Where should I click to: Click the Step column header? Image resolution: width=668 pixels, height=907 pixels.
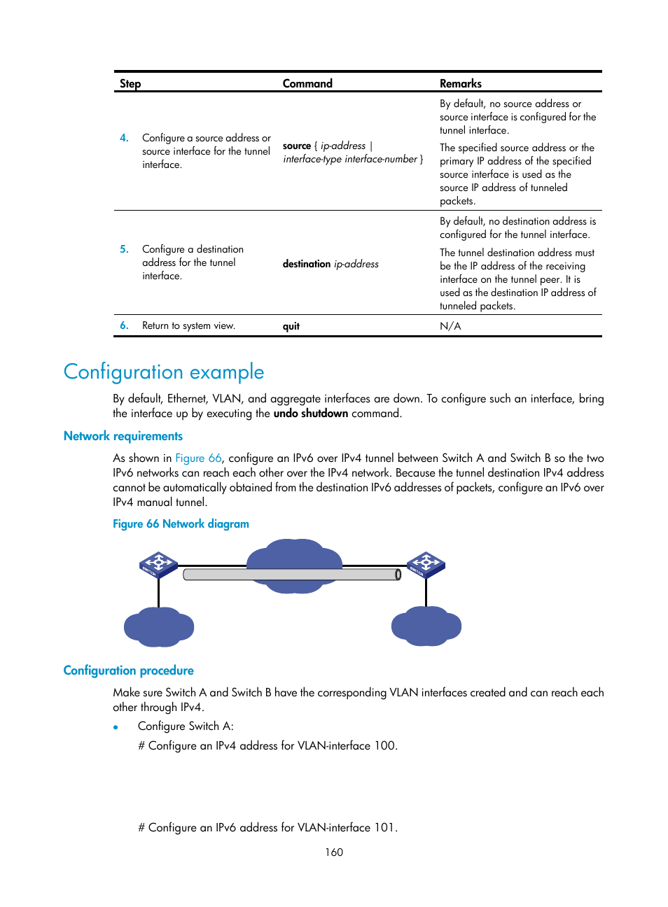click(x=130, y=84)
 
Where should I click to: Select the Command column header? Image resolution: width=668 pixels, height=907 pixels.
click(x=307, y=84)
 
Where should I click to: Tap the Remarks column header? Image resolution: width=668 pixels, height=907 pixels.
click(x=460, y=84)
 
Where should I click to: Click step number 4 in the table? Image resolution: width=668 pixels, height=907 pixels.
click(x=124, y=138)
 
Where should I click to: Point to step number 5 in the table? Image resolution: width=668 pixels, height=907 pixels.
click(x=124, y=249)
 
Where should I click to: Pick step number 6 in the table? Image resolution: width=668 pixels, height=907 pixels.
click(x=124, y=325)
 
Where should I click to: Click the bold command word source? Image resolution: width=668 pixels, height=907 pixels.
click(x=297, y=146)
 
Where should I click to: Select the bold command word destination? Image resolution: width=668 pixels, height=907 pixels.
click(x=307, y=264)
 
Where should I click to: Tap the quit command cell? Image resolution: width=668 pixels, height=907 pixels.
click(x=291, y=326)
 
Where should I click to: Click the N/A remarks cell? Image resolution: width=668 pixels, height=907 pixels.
click(x=450, y=326)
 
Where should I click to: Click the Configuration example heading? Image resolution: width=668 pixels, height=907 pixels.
click(x=164, y=372)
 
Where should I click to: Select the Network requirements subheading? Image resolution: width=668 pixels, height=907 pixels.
click(x=123, y=436)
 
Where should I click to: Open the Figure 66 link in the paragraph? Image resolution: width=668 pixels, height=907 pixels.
click(x=198, y=458)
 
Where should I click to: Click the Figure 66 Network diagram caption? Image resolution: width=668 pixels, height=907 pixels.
click(x=181, y=524)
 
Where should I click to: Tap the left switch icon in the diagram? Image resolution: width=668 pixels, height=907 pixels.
click(x=158, y=565)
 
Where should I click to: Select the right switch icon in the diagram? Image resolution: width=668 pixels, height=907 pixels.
click(x=426, y=565)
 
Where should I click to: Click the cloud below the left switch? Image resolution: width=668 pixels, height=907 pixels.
click(x=159, y=626)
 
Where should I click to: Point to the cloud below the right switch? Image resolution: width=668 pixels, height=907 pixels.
click(x=426, y=626)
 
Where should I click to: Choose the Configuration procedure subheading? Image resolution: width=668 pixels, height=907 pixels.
click(x=129, y=670)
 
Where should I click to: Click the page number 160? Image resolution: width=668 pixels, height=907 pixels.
click(x=334, y=852)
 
